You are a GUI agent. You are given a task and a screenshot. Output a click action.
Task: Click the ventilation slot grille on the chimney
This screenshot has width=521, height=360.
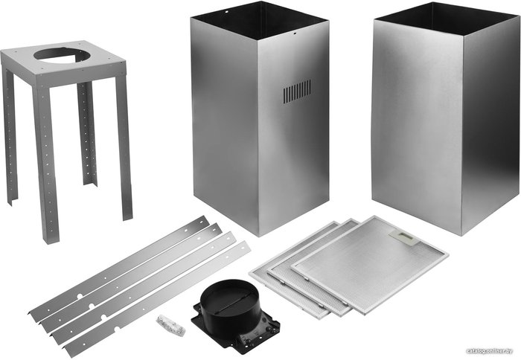click(x=297, y=91)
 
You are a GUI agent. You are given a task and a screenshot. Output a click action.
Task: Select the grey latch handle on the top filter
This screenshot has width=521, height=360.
click(x=404, y=237)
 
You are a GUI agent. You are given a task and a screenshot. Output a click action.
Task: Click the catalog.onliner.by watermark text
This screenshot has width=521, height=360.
click(x=489, y=351)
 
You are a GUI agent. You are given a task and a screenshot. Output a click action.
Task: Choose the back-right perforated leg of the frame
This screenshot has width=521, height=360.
click(x=87, y=133)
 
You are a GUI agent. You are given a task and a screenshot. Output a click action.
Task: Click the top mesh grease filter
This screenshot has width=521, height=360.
click(x=369, y=264)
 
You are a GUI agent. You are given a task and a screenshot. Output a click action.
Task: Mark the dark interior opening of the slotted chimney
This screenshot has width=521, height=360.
click(x=260, y=21)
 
